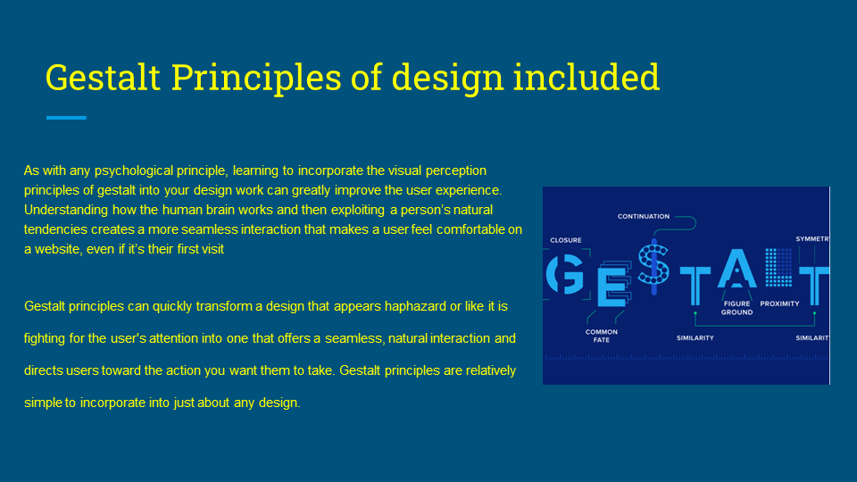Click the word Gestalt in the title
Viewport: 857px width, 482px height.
pyautogui.click(x=103, y=77)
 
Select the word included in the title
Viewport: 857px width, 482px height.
pyautogui.click(x=586, y=77)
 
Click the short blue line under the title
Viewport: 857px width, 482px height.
pyautogui.click(x=66, y=118)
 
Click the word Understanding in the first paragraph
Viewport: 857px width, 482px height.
pyautogui.click(x=65, y=211)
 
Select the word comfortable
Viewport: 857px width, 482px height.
pyautogui.click(x=470, y=229)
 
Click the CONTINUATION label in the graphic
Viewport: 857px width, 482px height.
pyautogui.click(x=644, y=216)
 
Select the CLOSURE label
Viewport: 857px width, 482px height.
pyautogui.click(x=566, y=240)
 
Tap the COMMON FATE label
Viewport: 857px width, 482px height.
pyautogui.click(x=601, y=336)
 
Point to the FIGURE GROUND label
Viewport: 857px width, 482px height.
pyautogui.click(x=736, y=308)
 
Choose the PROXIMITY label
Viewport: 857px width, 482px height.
pyautogui.click(x=779, y=303)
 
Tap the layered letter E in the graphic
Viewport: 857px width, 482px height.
pyautogui.click(x=613, y=284)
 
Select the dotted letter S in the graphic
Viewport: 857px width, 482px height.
pyautogui.click(x=653, y=264)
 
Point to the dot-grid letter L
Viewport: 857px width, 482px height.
pyautogui.click(x=778, y=267)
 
